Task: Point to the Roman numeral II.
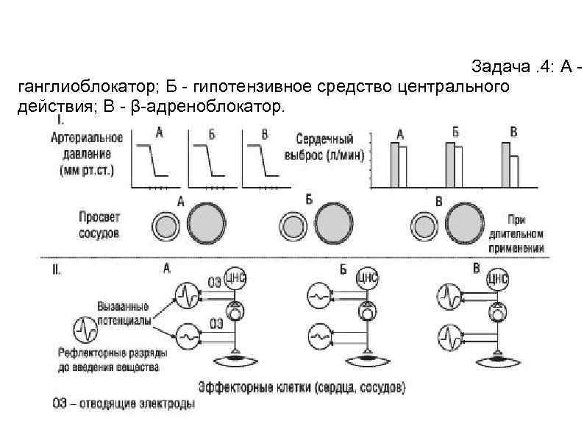pos(57,270)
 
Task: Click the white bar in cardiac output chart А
pos(402,169)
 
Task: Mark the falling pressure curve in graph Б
pos(208,161)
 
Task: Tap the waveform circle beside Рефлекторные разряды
pos(86,328)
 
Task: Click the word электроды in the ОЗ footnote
pos(172,404)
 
